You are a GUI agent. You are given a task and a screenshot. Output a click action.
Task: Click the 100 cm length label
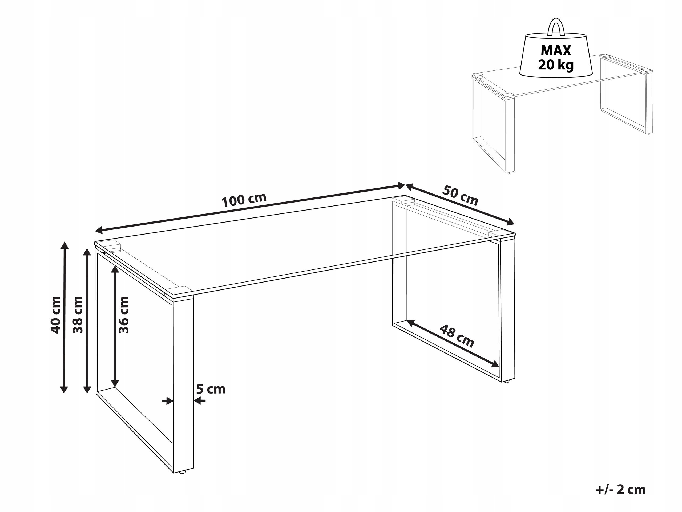[244, 200]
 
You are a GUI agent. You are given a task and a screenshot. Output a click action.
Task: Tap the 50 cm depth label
[460, 195]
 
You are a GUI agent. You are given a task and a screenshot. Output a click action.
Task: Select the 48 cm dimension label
[457, 336]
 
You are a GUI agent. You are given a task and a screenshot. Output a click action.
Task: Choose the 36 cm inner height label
[124, 315]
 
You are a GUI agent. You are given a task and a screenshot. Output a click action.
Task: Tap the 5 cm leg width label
[211, 389]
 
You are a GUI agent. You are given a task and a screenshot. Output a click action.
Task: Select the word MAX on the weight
[556, 50]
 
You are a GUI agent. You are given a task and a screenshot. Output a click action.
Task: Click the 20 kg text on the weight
[556, 65]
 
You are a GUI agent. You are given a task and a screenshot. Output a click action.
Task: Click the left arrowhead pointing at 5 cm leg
[169, 401]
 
